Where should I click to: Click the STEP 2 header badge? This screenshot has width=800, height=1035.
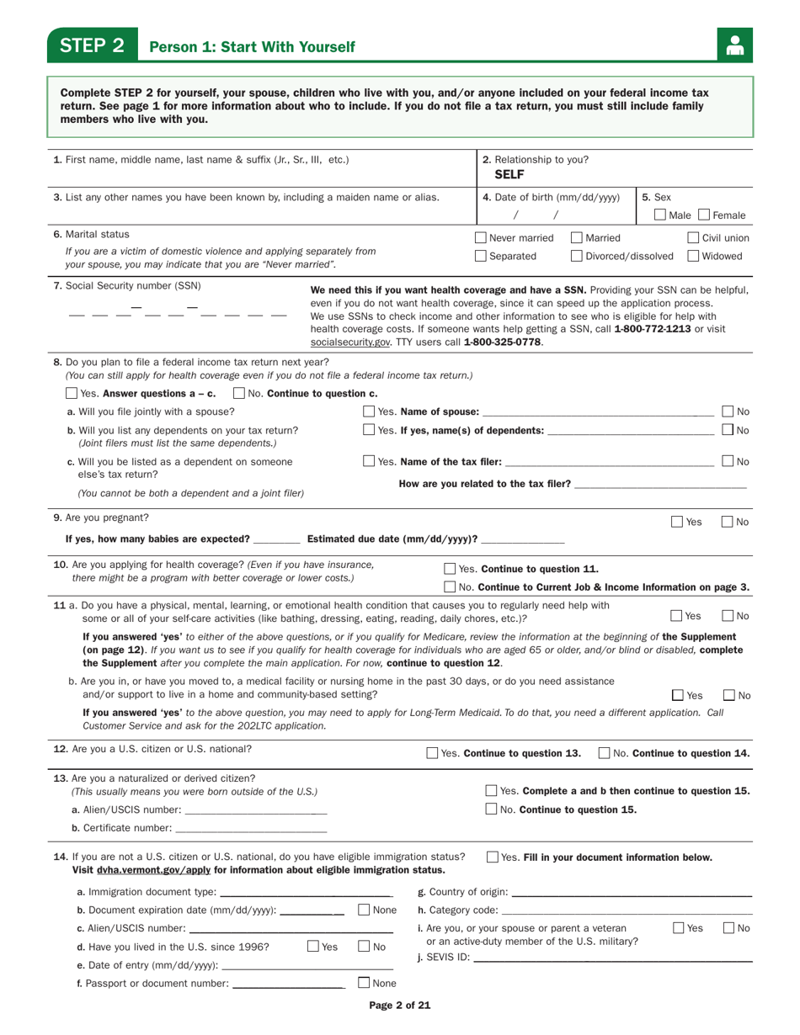point(92,45)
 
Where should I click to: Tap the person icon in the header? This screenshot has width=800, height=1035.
point(735,45)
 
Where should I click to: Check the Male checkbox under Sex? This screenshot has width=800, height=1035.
point(661,216)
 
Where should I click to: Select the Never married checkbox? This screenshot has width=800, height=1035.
point(481,238)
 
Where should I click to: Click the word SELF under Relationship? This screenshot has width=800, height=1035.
point(509,175)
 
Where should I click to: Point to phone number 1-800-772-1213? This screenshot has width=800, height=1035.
point(657,329)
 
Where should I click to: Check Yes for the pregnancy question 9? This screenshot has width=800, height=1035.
point(677,522)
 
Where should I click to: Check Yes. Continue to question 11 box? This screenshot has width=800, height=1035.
point(450,569)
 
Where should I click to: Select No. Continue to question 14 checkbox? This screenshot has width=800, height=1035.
point(604,753)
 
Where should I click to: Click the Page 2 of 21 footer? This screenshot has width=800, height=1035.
point(400,1005)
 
